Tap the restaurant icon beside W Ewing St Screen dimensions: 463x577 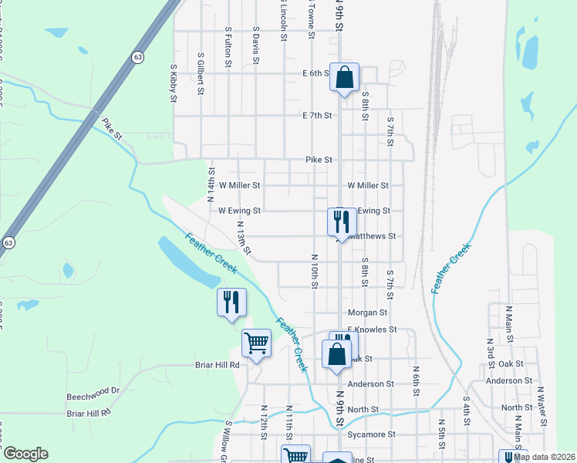[341, 222]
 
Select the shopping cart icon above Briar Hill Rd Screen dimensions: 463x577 [256, 343]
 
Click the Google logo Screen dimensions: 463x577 [25, 454]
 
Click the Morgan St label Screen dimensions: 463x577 [367, 313]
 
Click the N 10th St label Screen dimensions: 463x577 [315, 272]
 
